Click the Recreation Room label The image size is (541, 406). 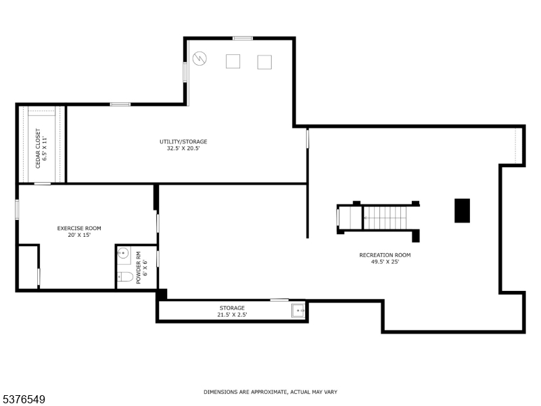click(385, 255)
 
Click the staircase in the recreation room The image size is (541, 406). click(385, 218)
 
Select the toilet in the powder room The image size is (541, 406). click(125, 276)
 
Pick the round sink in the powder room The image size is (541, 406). click(123, 254)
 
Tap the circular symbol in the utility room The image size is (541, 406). click(199, 59)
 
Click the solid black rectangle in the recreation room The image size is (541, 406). click(462, 210)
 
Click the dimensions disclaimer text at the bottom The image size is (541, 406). click(270, 392)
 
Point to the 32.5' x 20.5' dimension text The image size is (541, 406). click(183, 148)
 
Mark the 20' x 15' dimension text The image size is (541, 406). click(79, 235)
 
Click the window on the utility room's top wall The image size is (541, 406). click(243, 38)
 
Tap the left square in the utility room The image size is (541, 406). click(233, 62)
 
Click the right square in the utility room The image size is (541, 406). click(264, 62)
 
